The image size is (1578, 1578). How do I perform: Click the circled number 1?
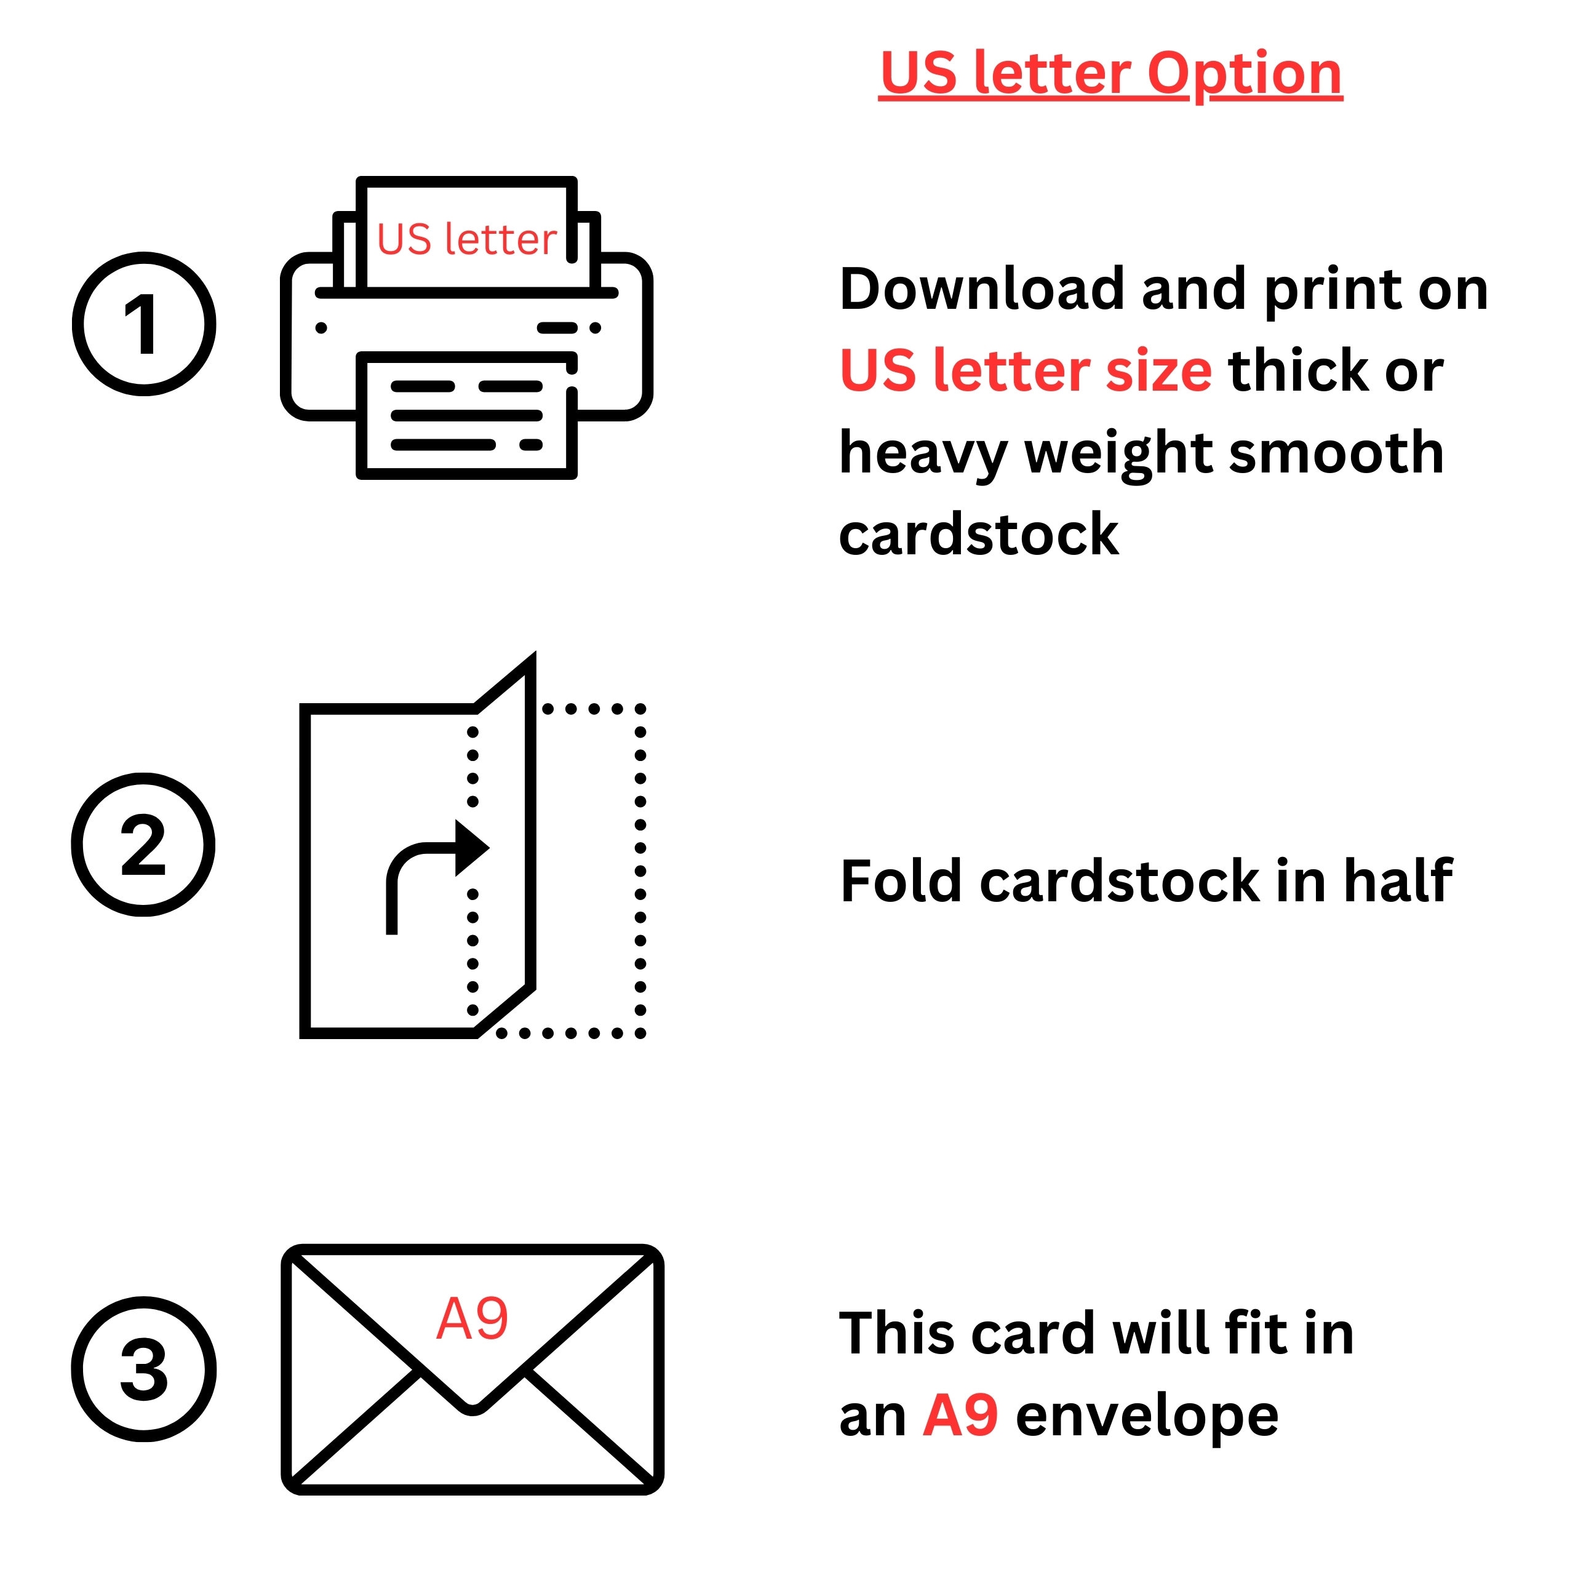click(x=144, y=324)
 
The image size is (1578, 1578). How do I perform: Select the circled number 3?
click(x=144, y=1369)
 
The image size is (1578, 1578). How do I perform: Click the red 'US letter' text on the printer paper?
click(x=466, y=239)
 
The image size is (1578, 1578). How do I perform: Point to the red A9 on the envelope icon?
click(x=472, y=1319)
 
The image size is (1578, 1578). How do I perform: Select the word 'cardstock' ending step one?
click(x=979, y=535)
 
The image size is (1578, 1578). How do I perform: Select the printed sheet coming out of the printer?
click(x=467, y=415)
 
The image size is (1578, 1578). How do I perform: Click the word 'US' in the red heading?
click(x=919, y=73)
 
